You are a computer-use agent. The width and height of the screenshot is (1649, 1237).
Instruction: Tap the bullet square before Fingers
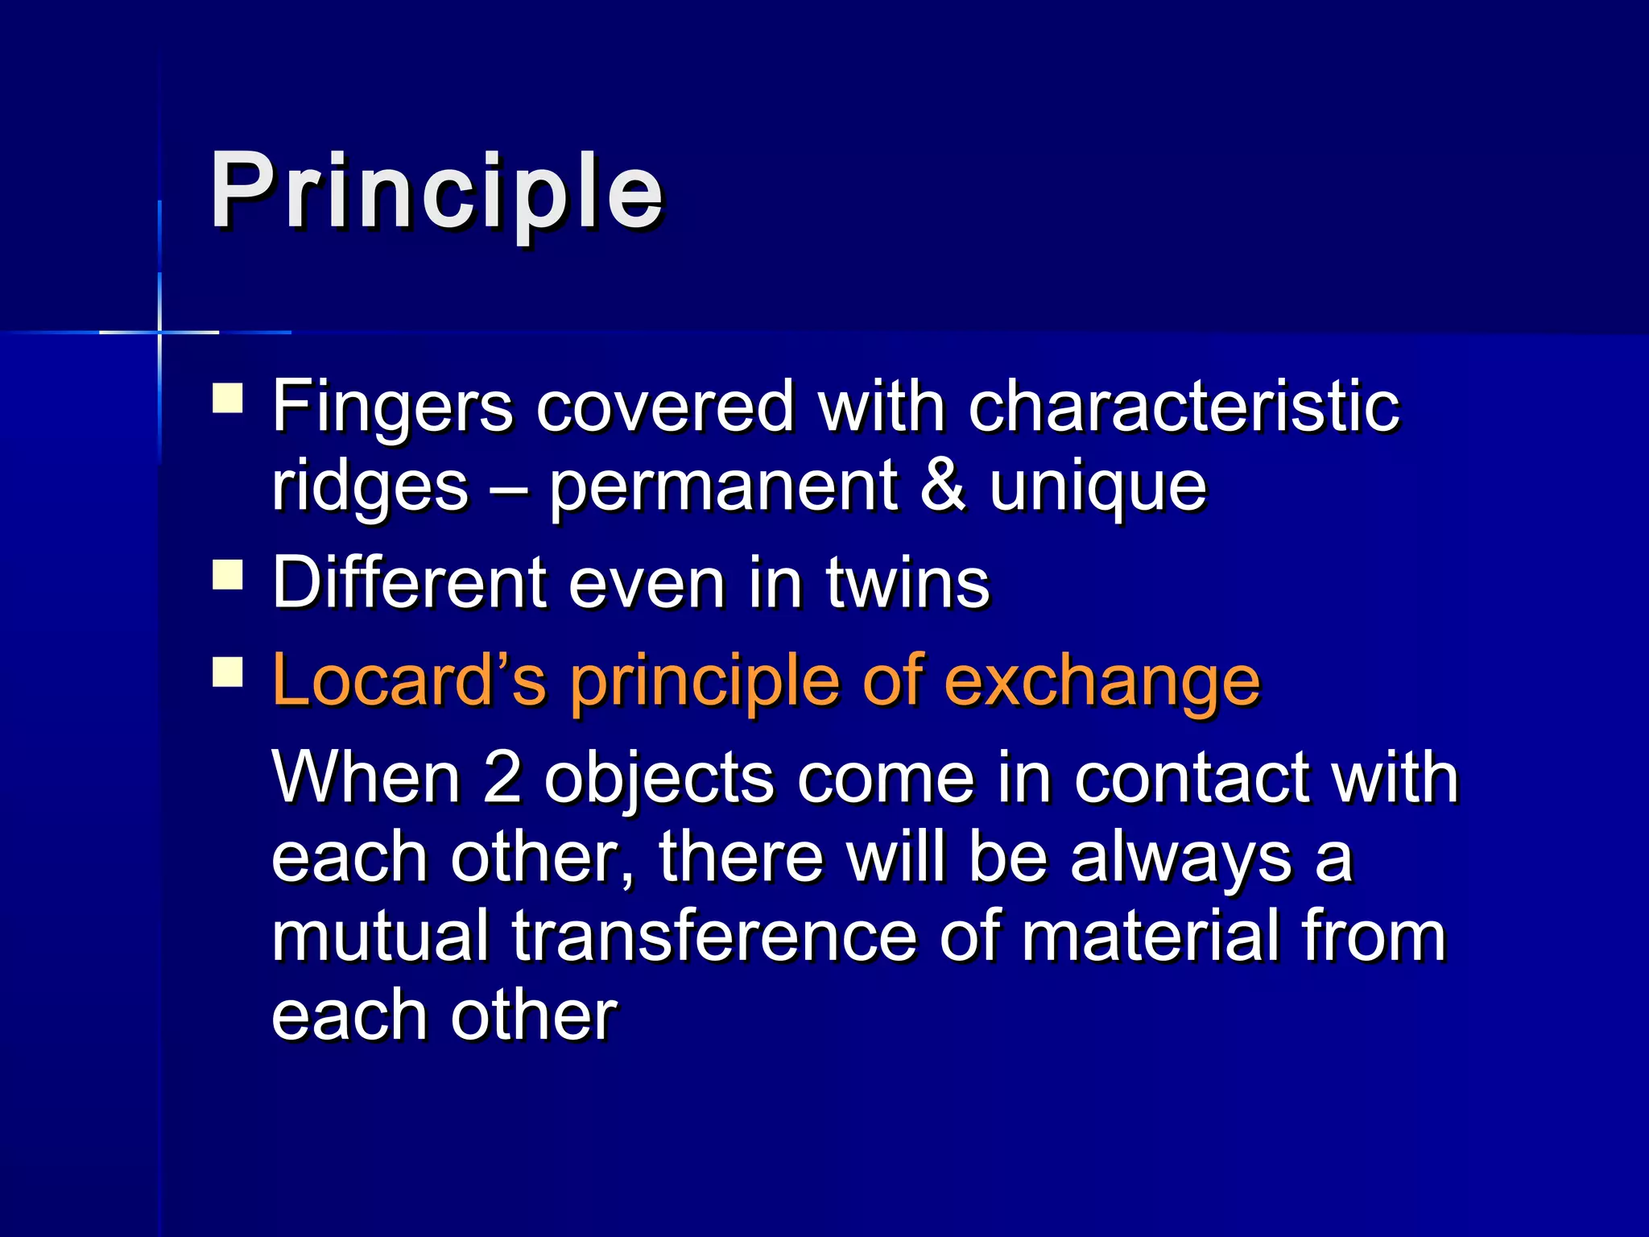228,398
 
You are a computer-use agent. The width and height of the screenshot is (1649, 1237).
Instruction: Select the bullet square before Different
228,576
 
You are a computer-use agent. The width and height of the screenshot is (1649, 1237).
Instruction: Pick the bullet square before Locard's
228,672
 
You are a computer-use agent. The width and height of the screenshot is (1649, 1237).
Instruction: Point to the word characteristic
1184,407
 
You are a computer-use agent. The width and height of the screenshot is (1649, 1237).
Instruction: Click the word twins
907,583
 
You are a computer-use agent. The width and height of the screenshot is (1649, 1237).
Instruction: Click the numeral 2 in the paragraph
502,778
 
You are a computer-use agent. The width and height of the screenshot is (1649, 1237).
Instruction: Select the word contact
1191,778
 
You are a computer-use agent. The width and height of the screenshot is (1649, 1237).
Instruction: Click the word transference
714,936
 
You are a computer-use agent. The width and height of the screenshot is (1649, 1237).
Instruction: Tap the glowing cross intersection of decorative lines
159,332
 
